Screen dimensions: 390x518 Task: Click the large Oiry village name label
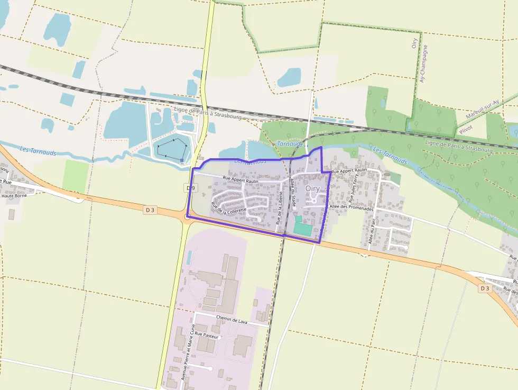point(312,188)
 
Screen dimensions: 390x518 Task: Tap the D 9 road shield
point(191,188)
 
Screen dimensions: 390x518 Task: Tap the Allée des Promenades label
point(351,208)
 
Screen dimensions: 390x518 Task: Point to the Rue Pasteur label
point(206,335)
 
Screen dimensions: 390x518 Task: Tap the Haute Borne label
point(14,196)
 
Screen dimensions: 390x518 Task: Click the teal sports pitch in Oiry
point(302,228)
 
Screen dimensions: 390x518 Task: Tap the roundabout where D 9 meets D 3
point(188,216)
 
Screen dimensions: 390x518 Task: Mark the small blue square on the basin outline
point(182,160)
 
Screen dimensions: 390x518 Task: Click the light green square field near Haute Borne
point(76,176)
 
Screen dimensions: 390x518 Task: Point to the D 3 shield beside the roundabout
point(151,210)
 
